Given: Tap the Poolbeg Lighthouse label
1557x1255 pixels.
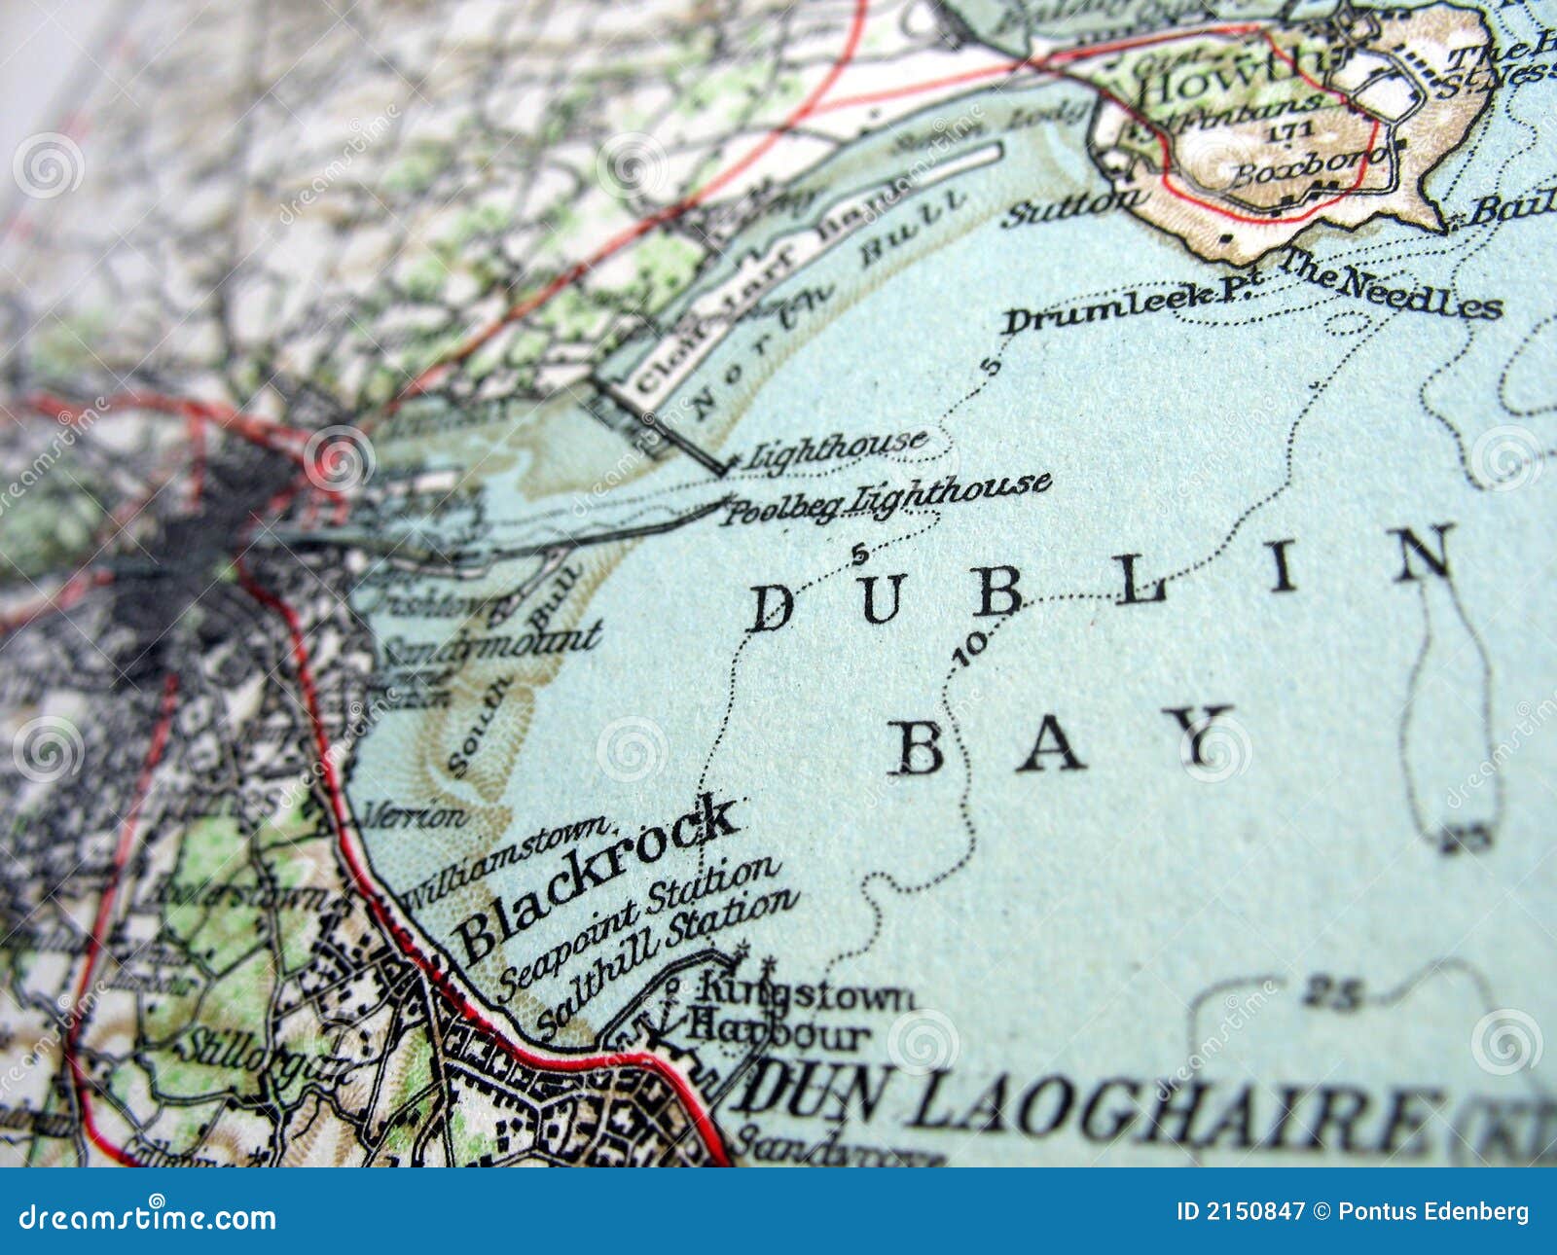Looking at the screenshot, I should (886, 497).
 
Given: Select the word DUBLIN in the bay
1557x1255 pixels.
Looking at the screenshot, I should (1100, 581).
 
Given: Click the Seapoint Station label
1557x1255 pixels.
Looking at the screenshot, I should (638, 928).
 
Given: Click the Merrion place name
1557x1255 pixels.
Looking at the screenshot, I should (414, 815).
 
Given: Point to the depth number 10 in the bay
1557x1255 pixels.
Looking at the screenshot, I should (971, 646).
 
